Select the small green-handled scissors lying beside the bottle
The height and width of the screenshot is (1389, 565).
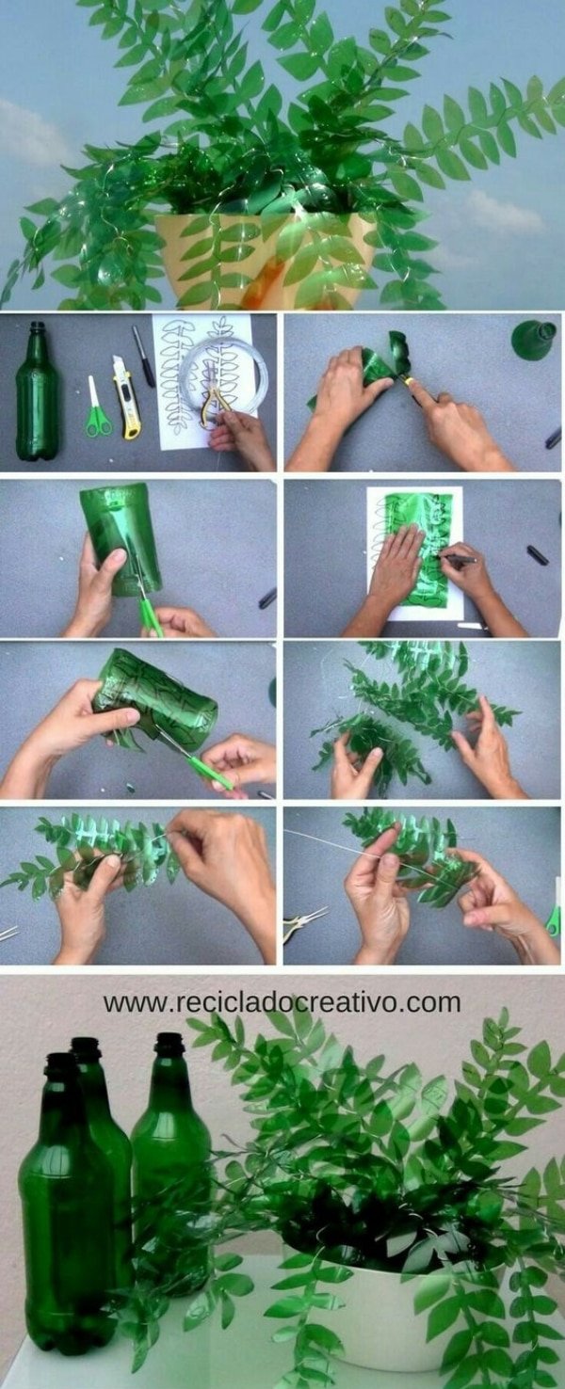point(97,408)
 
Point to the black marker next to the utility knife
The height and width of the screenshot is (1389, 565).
point(143,357)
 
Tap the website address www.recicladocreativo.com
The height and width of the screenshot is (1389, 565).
point(282,1002)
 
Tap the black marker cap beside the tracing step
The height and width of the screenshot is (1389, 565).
point(537,554)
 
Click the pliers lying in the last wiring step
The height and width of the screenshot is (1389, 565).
point(304,922)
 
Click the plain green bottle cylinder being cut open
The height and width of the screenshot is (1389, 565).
point(121,538)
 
